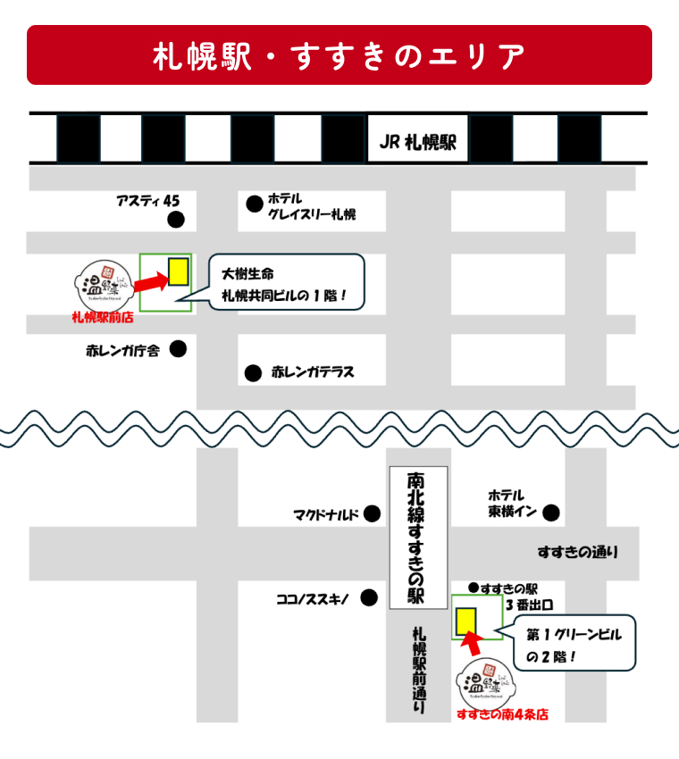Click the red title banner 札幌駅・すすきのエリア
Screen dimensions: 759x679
(x=339, y=55)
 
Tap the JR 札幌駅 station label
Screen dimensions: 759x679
(x=417, y=142)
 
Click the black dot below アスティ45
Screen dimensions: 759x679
(x=176, y=219)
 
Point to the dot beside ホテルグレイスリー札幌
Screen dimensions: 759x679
(x=255, y=204)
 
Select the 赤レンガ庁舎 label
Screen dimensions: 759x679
(x=122, y=351)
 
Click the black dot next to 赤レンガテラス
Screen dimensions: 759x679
(x=254, y=371)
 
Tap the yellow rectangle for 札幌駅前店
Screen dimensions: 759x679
(x=178, y=271)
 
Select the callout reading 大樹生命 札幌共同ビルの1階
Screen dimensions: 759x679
(x=287, y=282)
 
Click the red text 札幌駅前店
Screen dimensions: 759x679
(x=102, y=317)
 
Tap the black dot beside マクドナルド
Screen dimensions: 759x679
(x=371, y=513)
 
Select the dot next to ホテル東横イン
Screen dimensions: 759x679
(x=551, y=513)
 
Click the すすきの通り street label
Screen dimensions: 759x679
(x=577, y=553)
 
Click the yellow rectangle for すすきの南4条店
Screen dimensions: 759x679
(x=465, y=621)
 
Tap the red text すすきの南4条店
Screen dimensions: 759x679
(x=501, y=714)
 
